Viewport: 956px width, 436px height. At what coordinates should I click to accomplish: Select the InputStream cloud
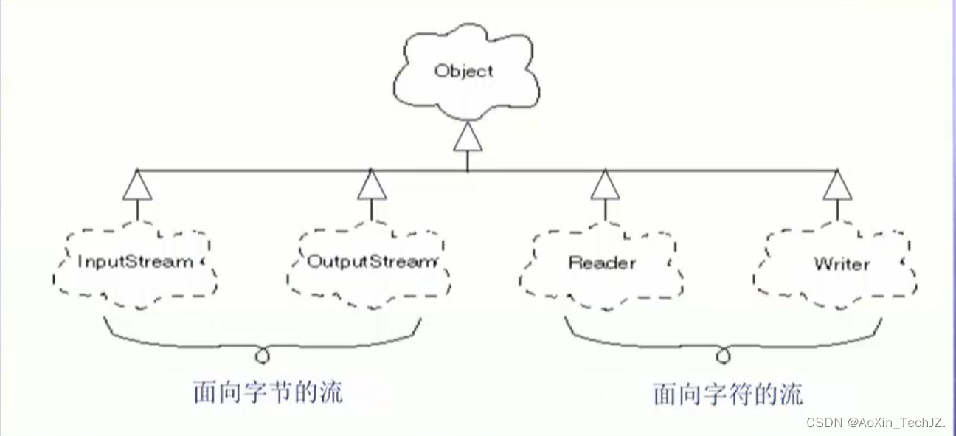[x=136, y=263]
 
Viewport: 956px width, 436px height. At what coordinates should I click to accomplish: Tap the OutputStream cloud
[x=370, y=263]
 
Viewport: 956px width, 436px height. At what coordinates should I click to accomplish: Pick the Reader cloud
[x=602, y=263]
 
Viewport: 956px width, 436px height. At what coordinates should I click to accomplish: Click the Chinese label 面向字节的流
[x=269, y=392]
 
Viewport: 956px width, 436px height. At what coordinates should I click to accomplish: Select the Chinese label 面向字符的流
[x=727, y=394]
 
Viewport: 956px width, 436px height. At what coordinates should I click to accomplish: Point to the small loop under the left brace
[x=262, y=356]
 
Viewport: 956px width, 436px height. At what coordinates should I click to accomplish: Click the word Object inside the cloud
[x=463, y=72]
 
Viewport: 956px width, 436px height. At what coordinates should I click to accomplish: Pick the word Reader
[x=602, y=263]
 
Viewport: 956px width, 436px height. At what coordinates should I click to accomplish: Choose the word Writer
[x=842, y=263]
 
